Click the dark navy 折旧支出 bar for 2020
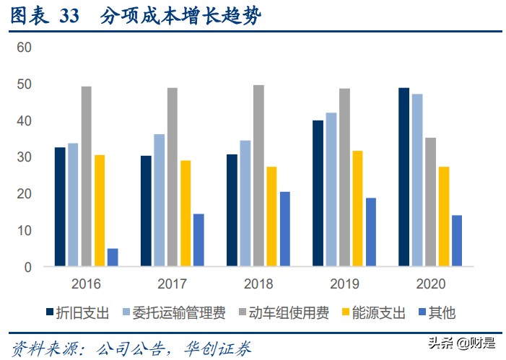(403, 177)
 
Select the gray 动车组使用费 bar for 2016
(87, 177)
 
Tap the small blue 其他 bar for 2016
(113, 258)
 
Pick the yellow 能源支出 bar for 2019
(357, 208)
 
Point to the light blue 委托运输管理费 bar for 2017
(159, 201)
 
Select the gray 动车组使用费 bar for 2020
(430, 202)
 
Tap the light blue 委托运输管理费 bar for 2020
(416, 180)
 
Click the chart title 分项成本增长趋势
(177, 17)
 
